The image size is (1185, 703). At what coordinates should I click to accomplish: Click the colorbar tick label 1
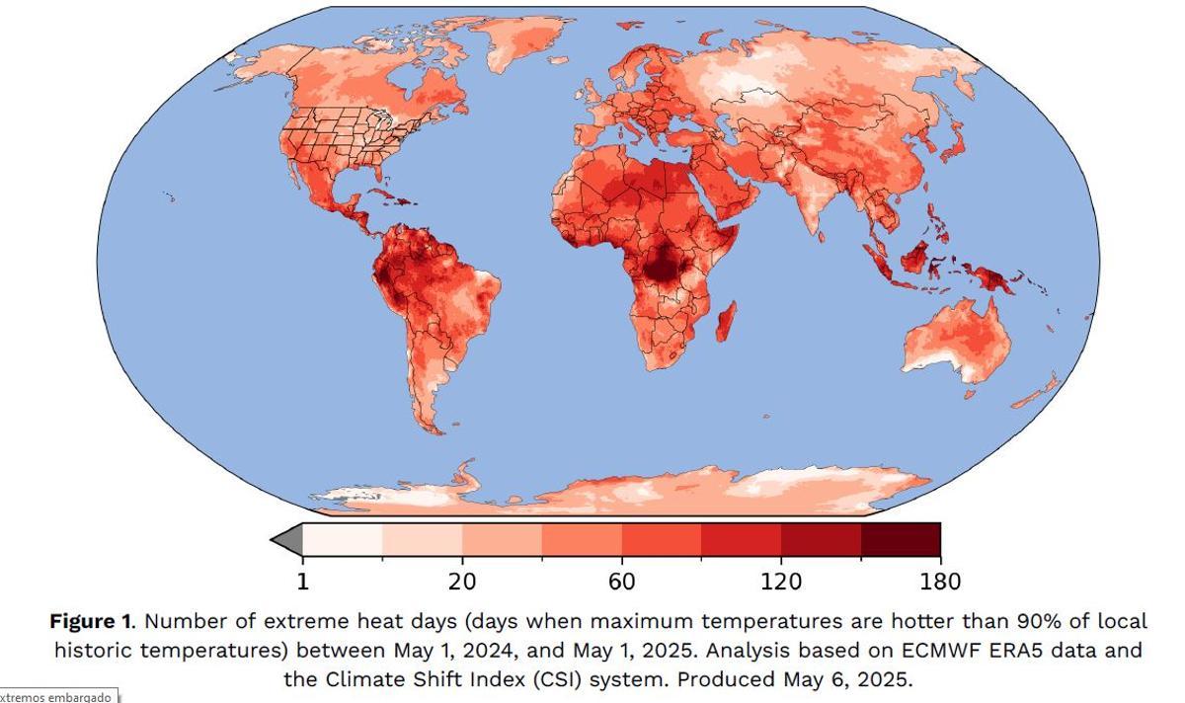click(302, 582)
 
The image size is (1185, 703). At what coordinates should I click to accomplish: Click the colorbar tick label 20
click(462, 582)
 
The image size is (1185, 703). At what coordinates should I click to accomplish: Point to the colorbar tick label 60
click(621, 582)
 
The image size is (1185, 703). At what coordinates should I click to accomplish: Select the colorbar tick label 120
click(781, 582)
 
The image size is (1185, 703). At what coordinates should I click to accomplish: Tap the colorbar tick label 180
click(939, 582)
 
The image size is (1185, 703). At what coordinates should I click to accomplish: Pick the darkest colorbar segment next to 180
click(900, 540)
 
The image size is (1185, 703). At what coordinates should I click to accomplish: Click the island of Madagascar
click(726, 320)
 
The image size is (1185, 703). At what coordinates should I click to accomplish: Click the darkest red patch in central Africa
click(660, 265)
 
